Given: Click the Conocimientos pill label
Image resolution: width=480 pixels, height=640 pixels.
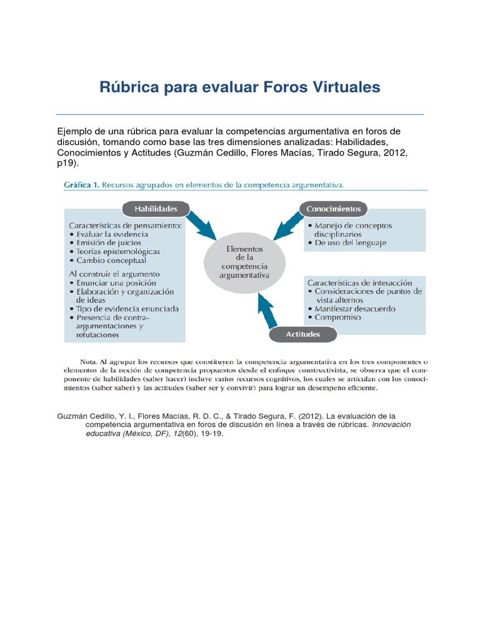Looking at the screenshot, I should (334, 209).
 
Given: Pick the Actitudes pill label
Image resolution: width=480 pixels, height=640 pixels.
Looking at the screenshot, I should (303, 334).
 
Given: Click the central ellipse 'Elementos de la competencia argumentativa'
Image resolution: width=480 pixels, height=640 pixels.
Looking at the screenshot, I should (244, 261).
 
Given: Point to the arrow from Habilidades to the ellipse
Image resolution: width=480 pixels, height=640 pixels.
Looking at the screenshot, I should (199, 224).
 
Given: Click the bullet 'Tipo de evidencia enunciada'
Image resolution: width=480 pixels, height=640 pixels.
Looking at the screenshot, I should (127, 309).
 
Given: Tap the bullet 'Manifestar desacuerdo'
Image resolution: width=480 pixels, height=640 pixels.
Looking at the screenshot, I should (355, 308).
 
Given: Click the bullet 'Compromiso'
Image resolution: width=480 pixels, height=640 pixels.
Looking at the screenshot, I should (337, 317).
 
